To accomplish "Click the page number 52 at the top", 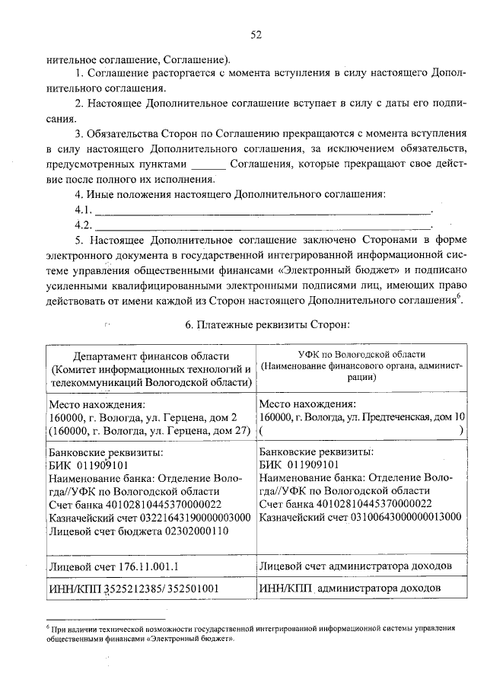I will [256, 34].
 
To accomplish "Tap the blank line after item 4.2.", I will [263, 225].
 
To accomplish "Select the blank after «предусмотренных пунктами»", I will [208, 164].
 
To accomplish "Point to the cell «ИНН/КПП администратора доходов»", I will [349, 589].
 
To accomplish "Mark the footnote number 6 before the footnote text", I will [47, 628].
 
